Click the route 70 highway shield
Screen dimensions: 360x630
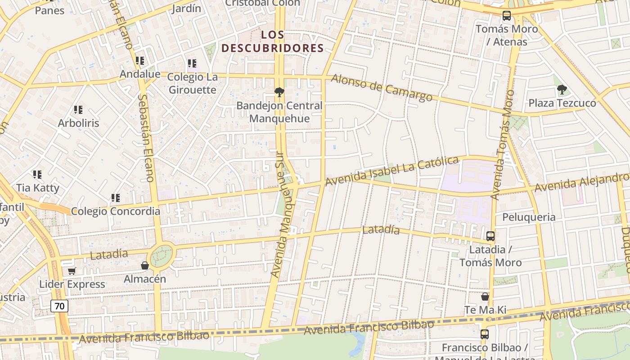[59, 306]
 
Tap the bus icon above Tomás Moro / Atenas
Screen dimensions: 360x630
[507, 16]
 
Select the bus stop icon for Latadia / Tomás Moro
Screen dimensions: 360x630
[490, 236]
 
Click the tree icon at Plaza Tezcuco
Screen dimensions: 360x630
[562, 90]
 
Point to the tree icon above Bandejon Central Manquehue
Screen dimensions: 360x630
[279, 93]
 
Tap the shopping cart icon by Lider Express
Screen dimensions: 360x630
[72, 271]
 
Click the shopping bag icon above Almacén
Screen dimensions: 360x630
[145, 265]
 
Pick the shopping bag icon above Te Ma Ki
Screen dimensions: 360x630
[485, 297]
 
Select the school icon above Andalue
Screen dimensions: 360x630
[140, 60]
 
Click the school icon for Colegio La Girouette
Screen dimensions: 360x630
[192, 63]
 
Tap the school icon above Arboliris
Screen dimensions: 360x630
[78, 109]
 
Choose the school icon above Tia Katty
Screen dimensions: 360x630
[37, 174]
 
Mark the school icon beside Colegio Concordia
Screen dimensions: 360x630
[116, 198]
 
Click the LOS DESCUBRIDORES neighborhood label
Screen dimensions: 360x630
[273, 41]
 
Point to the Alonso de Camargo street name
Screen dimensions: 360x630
[381, 87]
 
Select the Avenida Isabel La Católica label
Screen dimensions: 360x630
[391, 171]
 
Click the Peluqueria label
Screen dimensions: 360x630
[529, 217]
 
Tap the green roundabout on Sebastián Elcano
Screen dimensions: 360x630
[161, 256]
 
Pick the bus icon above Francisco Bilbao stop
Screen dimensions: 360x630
[484, 334]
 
